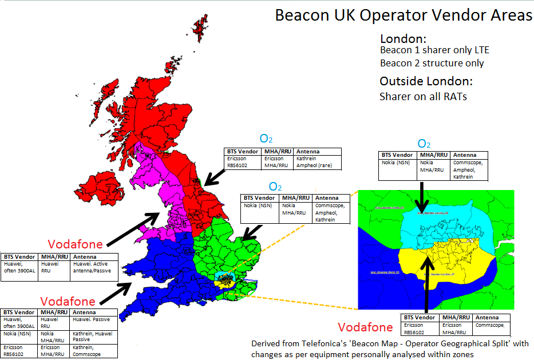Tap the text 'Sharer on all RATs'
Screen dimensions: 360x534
423,96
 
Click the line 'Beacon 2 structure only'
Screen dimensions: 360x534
432,63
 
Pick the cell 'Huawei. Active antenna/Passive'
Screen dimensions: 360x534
94,267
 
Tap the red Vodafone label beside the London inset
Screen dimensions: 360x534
365,327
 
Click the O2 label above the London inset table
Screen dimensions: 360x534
424,144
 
